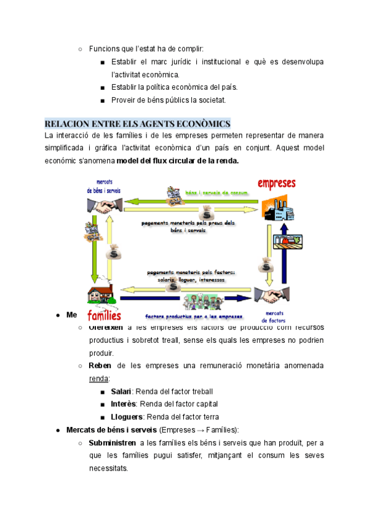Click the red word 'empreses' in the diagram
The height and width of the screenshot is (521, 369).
point(277,184)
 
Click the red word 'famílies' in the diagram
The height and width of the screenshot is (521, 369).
point(104,316)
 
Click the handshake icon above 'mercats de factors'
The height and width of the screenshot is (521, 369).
point(271,296)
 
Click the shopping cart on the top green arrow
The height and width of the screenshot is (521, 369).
point(175,192)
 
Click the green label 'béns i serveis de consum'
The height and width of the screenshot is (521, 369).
point(216,193)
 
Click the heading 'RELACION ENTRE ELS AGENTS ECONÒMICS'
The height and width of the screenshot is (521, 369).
point(137,123)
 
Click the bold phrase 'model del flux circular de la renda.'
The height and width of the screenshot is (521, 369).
point(177,161)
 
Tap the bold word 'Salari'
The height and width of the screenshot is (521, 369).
point(122,391)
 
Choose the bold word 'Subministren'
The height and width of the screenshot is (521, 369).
point(113,443)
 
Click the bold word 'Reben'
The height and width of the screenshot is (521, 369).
point(100,366)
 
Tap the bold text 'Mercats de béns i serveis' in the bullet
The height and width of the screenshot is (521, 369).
point(111,430)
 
